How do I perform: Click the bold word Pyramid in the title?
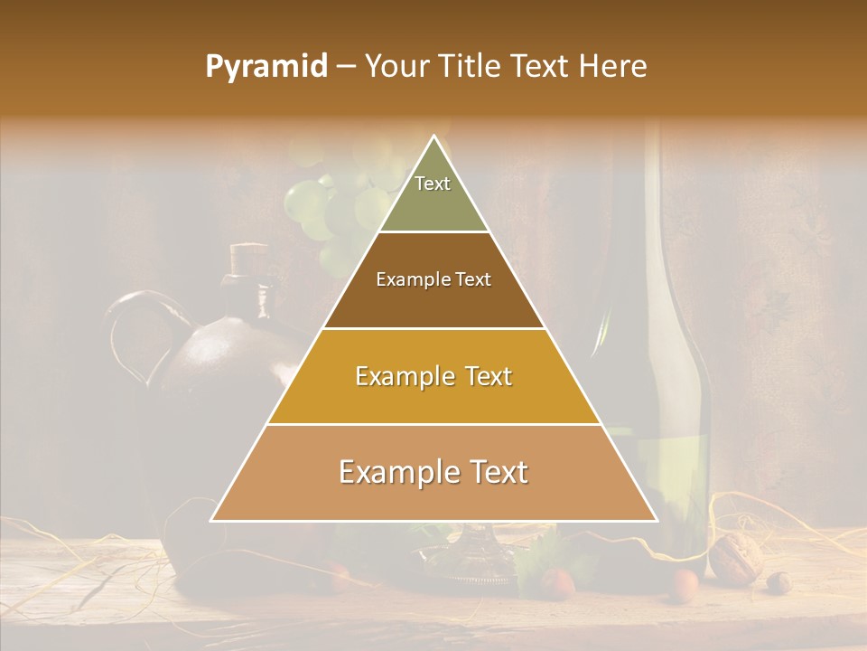point(266,66)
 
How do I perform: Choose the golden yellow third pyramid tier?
point(433,376)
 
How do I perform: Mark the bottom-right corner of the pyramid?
point(656,520)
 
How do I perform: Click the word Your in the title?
point(398,66)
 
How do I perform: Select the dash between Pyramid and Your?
point(345,67)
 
